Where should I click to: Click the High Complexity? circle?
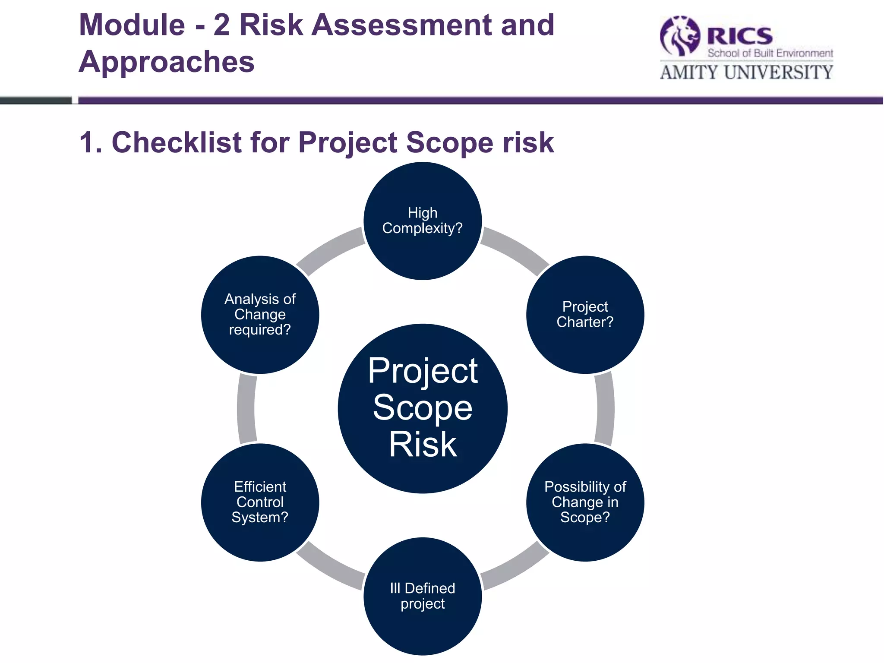[x=423, y=221]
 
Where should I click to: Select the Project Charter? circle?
[x=585, y=315]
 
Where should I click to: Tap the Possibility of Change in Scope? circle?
[x=585, y=502]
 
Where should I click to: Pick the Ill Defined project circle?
[x=423, y=596]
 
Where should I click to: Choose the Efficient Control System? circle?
[x=260, y=502]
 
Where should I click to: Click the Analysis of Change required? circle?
[x=260, y=315]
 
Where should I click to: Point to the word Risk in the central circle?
[x=423, y=445]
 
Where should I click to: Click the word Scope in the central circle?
[x=423, y=407]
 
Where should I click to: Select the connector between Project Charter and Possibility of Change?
[x=605, y=408]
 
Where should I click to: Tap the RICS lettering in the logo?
[x=740, y=35]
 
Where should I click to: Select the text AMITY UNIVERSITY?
[x=746, y=72]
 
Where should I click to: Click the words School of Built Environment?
[x=770, y=53]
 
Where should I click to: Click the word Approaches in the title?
[x=167, y=62]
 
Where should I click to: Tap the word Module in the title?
[x=132, y=25]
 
